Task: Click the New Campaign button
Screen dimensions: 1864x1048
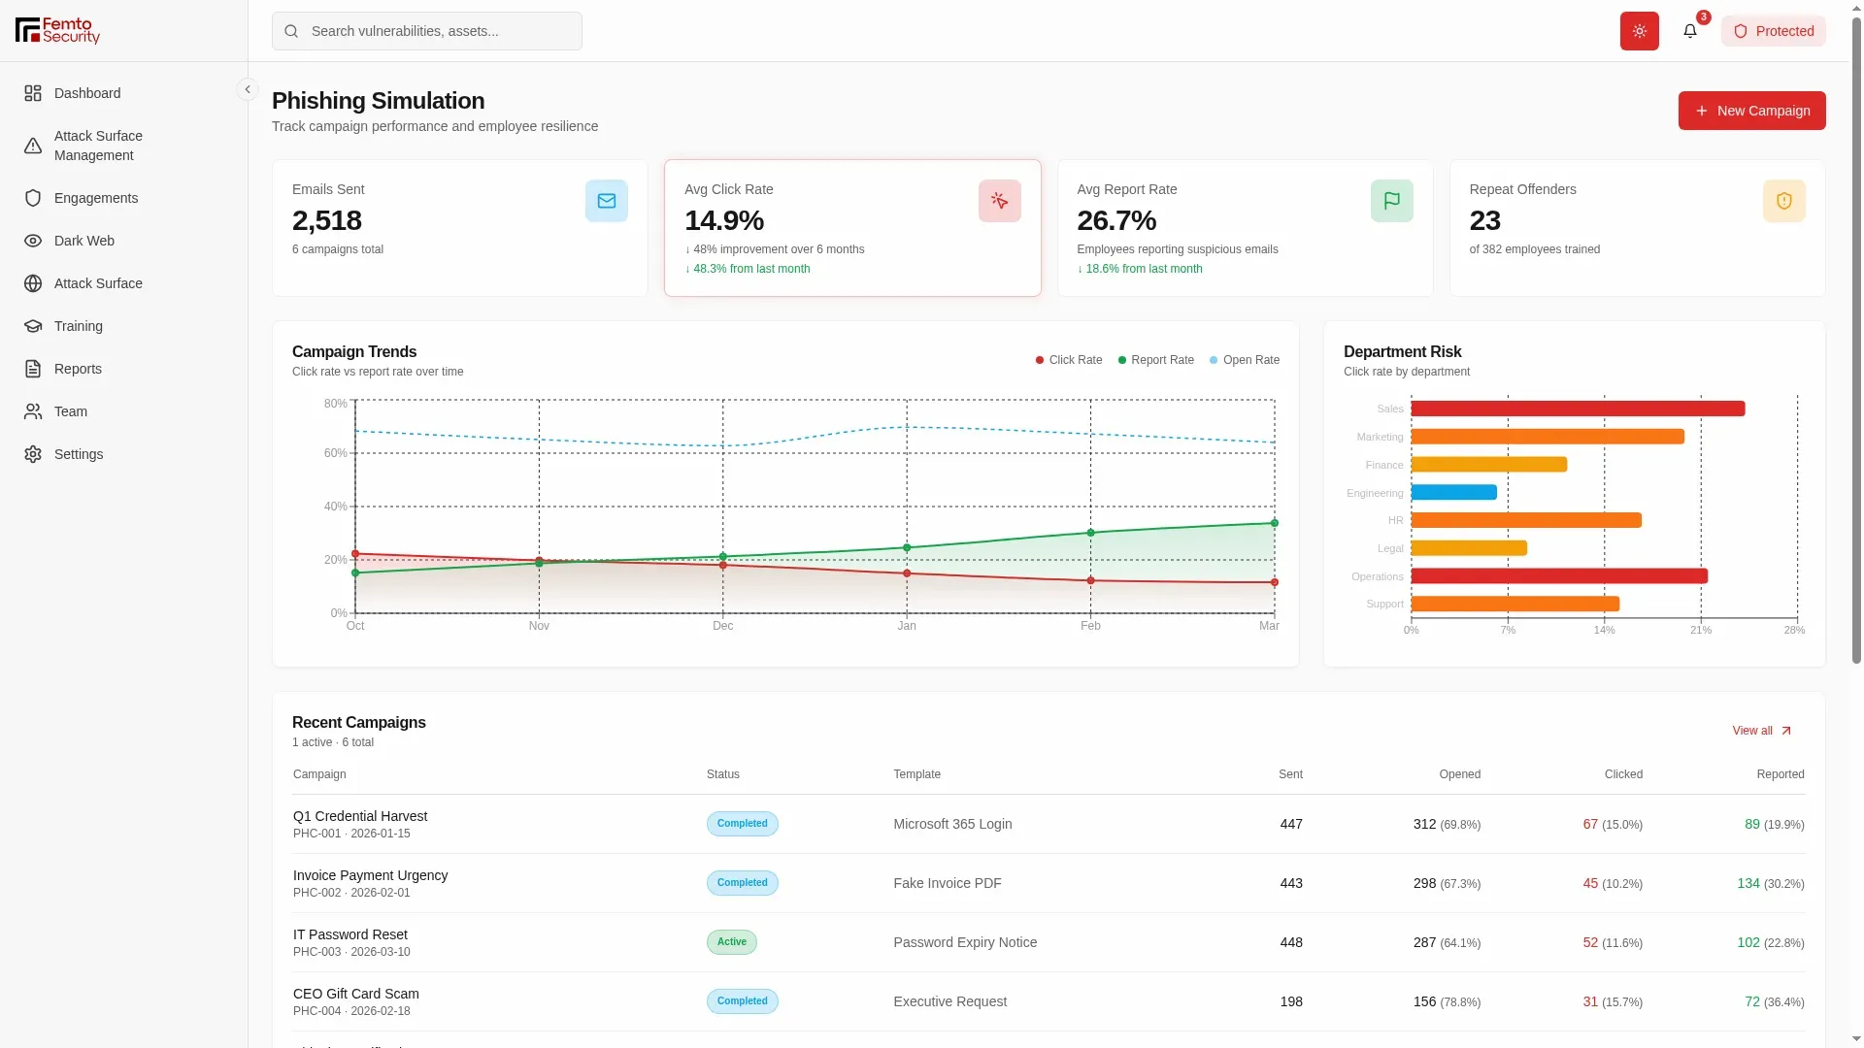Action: [x=1751, y=111]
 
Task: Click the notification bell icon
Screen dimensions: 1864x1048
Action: [x=1690, y=31]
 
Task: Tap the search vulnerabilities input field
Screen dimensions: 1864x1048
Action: [x=427, y=31]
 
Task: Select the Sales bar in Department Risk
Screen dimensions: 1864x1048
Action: [x=1578, y=409]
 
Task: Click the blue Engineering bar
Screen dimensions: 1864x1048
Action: [x=1454, y=492]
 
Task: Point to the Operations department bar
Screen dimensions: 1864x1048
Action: [x=1559, y=576]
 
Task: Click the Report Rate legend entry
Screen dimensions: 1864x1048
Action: [x=1156, y=360]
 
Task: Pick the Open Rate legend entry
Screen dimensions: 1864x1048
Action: [x=1245, y=360]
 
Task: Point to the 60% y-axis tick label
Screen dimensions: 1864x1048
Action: [x=336, y=453]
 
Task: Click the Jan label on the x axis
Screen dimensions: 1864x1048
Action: [x=907, y=626]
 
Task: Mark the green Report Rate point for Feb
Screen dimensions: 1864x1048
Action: [x=1091, y=533]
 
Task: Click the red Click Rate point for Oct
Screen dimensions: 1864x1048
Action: [x=355, y=554]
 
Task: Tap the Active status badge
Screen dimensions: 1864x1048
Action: [x=732, y=942]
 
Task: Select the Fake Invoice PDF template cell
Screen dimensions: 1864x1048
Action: [x=948, y=883]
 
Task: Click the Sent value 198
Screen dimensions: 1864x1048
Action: [x=1291, y=1001]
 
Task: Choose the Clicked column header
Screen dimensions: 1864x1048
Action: [x=1623, y=774]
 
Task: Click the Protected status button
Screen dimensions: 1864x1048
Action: [x=1774, y=31]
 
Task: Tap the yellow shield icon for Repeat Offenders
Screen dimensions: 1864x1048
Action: [x=1784, y=201]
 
